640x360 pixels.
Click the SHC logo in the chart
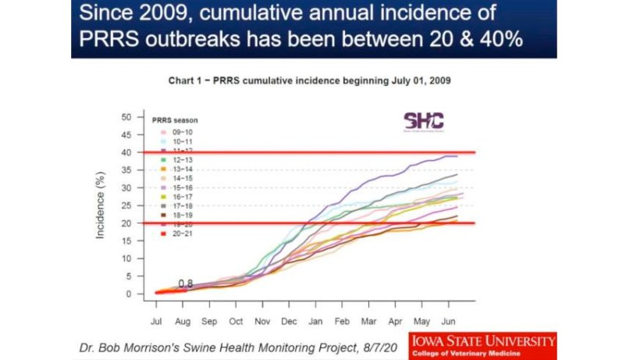tap(423, 121)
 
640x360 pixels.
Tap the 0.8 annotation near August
tap(186, 283)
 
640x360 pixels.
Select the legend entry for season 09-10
tap(171, 133)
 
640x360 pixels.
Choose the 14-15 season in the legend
tap(171, 179)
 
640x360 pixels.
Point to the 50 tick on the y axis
tap(126, 117)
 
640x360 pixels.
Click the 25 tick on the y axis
tap(126, 205)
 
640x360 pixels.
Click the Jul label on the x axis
tap(156, 320)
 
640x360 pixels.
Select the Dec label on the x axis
tap(290, 320)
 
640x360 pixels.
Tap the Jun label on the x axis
tap(448, 320)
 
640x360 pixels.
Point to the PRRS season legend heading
tap(175, 120)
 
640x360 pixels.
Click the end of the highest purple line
tap(457, 156)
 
